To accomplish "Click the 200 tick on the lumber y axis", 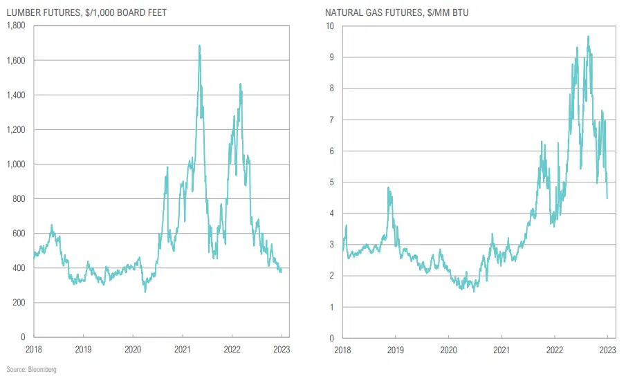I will click(x=19, y=303).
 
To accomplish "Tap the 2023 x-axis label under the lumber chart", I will click(x=282, y=350).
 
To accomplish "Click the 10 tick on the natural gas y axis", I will click(x=331, y=26).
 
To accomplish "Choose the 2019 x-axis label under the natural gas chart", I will click(x=395, y=350).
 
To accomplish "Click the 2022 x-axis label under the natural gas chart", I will click(x=554, y=350).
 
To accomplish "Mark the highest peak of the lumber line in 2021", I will click(x=200, y=46).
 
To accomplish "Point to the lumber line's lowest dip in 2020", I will click(x=145, y=292).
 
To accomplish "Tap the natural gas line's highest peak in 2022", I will click(x=588, y=36).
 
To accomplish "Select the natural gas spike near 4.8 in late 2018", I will click(x=388, y=187).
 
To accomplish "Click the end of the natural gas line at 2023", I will click(x=607, y=198).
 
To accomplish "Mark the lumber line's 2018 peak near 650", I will click(x=52, y=225).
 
